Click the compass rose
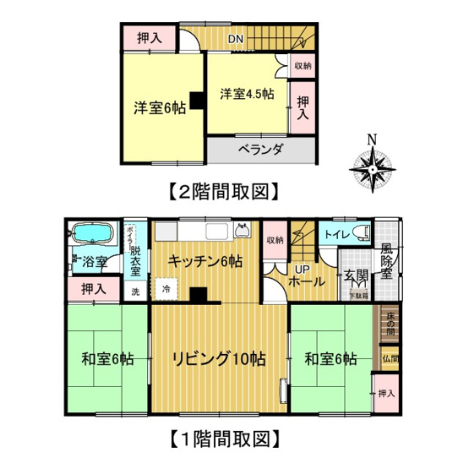pyautogui.click(x=372, y=166)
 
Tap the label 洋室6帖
pyautogui.click(x=157, y=107)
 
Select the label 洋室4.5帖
pyautogui.click(x=247, y=93)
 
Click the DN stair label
pyautogui.click(x=237, y=39)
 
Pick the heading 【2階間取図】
pyautogui.click(x=223, y=192)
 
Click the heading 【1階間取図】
pyautogui.click(x=223, y=439)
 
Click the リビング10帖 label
pyautogui.click(x=221, y=358)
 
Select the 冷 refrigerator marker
pyautogui.click(x=166, y=289)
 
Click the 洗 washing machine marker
pyautogui.click(x=135, y=292)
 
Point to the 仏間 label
pyautogui.click(x=388, y=358)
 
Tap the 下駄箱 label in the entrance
pyautogui.click(x=360, y=295)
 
